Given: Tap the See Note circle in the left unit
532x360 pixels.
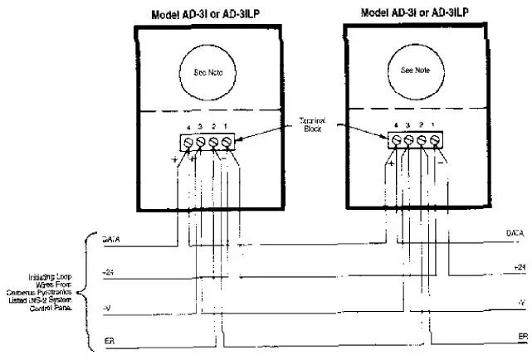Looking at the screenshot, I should coord(207,72).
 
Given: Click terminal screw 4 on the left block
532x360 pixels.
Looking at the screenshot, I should coord(188,142).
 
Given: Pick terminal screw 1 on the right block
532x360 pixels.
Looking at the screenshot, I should coord(436,139).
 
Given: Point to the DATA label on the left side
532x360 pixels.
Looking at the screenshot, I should coord(111,241).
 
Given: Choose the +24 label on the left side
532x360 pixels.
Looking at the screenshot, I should coord(108,272).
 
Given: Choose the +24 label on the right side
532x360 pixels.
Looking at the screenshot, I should coord(519,267).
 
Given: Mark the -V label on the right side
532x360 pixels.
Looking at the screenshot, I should coord(520,302).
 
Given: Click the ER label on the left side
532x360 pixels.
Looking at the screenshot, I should coord(108,340).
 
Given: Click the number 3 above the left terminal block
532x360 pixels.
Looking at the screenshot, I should coord(202,127).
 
